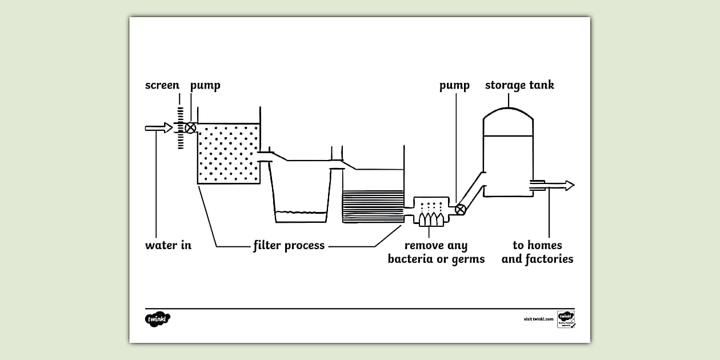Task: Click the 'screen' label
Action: click(162, 86)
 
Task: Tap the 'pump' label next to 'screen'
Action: click(205, 86)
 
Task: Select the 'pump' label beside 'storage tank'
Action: click(454, 86)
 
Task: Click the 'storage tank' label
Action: click(519, 86)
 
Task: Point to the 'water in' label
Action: click(168, 246)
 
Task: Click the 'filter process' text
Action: click(289, 246)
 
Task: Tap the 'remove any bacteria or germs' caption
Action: click(436, 252)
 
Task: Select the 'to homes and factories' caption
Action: click(537, 252)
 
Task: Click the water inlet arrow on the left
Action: click(158, 128)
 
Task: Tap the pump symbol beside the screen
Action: click(191, 128)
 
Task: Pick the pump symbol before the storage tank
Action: click(460, 209)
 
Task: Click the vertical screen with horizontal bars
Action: click(180, 128)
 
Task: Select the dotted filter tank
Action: click(229, 153)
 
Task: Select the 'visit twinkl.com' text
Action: click(538, 319)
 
